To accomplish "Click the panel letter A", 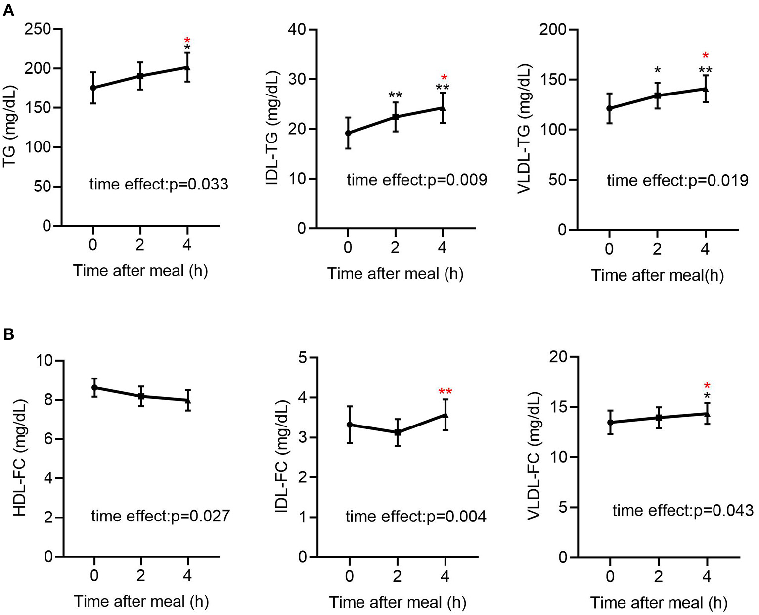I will tap(8, 10).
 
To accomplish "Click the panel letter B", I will tap(8, 335).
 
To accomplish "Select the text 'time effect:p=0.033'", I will tap(159, 185).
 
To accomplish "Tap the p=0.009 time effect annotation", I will tap(417, 180).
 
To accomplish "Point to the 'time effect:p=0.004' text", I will tap(416, 517).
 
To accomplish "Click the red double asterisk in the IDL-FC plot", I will tap(446, 392).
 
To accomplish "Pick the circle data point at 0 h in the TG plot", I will tap(93, 88).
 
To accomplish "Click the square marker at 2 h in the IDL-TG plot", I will tap(396, 117).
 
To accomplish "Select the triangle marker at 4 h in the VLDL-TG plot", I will tap(706, 89).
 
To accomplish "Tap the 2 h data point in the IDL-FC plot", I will tap(397, 432).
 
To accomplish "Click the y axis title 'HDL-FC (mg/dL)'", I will tap(20, 457).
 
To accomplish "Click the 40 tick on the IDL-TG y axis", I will tap(297, 30).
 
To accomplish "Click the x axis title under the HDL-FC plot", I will tap(141, 602).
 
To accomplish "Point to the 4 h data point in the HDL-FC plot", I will tap(188, 400).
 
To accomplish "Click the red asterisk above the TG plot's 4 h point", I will tap(187, 41).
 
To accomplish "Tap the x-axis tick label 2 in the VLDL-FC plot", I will tap(659, 576).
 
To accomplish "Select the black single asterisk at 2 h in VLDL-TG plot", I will tap(657, 70).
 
